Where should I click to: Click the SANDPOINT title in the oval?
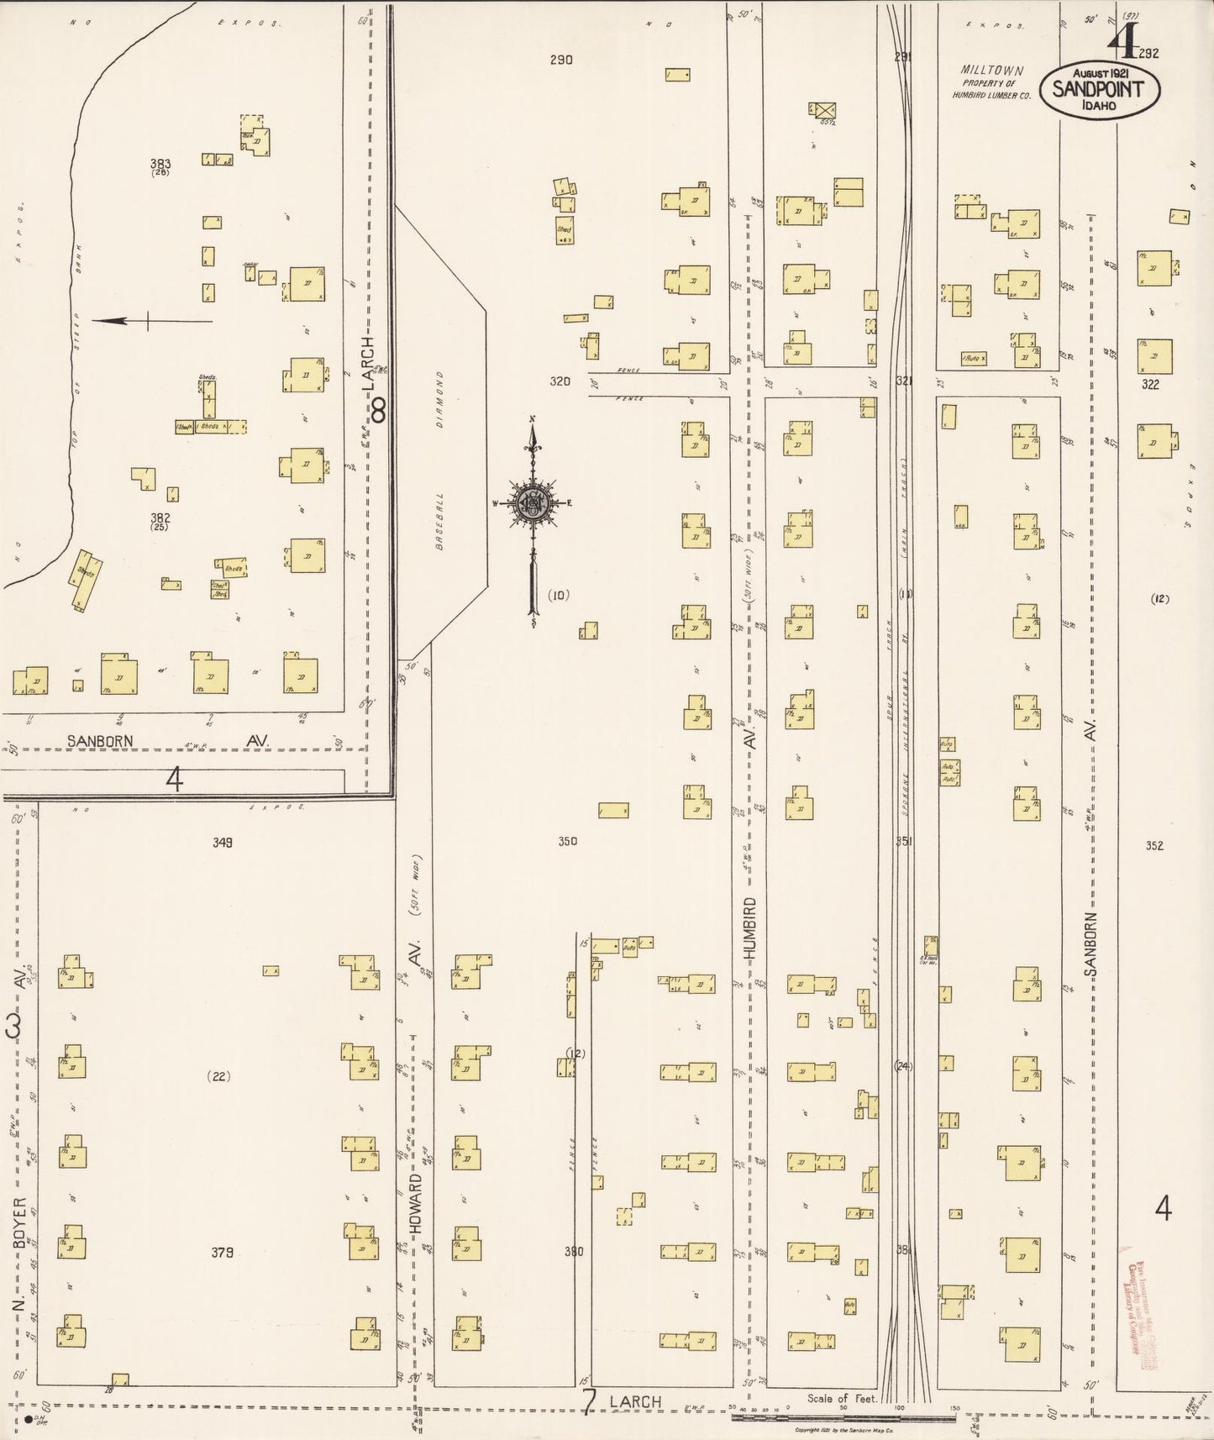tap(1100, 88)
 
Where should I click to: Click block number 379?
tap(222, 1252)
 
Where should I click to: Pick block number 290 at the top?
tap(560, 60)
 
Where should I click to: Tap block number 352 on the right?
tap(1154, 845)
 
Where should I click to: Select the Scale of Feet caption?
tap(842, 1400)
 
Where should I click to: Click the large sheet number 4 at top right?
tap(1117, 40)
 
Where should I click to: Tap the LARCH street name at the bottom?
tap(635, 1401)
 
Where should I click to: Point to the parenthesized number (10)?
tap(559, 595)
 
